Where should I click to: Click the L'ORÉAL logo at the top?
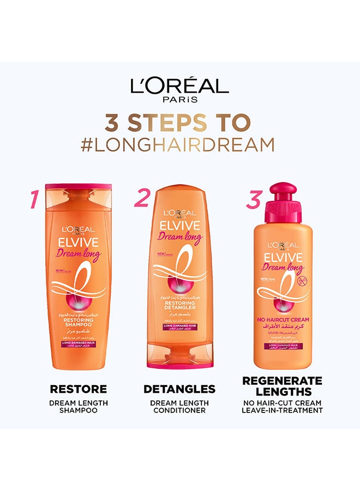pyautogui.click(x=179, y=86)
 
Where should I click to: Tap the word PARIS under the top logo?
pyautogui.click(x=179, y=100)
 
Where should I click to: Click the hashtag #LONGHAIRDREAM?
pyautogui.click(x=179, y=144)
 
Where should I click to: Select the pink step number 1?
pyautogui.click(x=34, y=200)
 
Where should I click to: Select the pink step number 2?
pyautogui.click(x=141, y=198)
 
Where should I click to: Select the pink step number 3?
pyautogui.click(x=253, y=200)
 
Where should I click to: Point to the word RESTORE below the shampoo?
pyautogui.click(x=78, y=389)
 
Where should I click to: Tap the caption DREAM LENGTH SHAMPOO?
pyautogui.click(x=78, y=406)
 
